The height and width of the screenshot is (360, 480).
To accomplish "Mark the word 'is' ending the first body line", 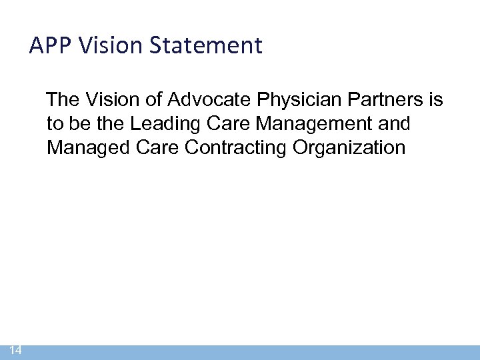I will (436, 101).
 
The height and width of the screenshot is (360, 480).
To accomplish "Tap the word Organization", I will (349, 147).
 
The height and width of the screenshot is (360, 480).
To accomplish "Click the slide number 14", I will (16, 351).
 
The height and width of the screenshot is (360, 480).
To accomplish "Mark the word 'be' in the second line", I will (77, 124).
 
